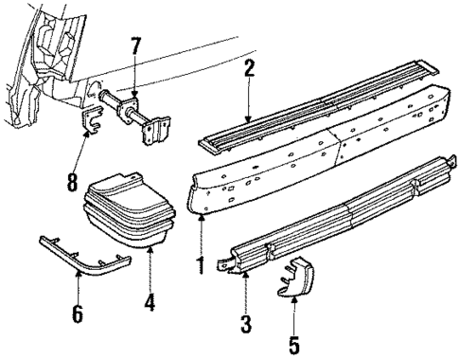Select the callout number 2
[x=249, y=68]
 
